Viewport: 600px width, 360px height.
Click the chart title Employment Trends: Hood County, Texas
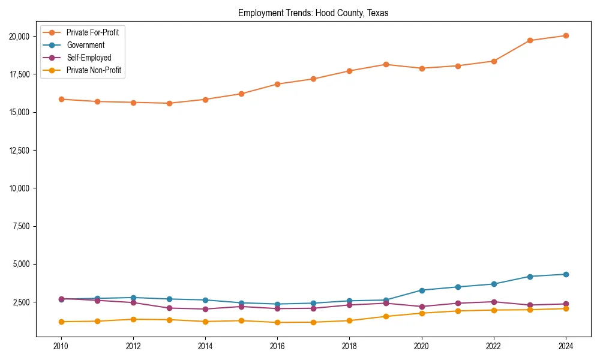[313, 13]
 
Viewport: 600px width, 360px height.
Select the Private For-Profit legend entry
[92, 32]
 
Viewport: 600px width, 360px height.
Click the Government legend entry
[85, 45]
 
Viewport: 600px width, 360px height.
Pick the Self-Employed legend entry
[89, 58]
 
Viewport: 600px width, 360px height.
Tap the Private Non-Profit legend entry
[94, 70]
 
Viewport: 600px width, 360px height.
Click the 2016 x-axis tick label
[277, 346]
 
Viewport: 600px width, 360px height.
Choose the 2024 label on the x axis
[566, 346]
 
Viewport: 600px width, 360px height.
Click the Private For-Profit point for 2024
[566, 36]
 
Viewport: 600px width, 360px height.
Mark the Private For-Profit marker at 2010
[61, 99]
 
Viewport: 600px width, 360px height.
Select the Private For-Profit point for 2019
[386, 64]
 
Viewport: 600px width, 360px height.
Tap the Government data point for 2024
[566, 274]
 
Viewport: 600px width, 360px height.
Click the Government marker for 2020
[422, 290]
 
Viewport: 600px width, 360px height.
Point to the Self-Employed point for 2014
[205, 309]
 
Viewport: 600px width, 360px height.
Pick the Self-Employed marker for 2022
[494, 302]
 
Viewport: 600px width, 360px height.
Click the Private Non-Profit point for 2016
[277, 322]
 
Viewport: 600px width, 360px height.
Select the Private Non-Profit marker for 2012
[133, 319]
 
